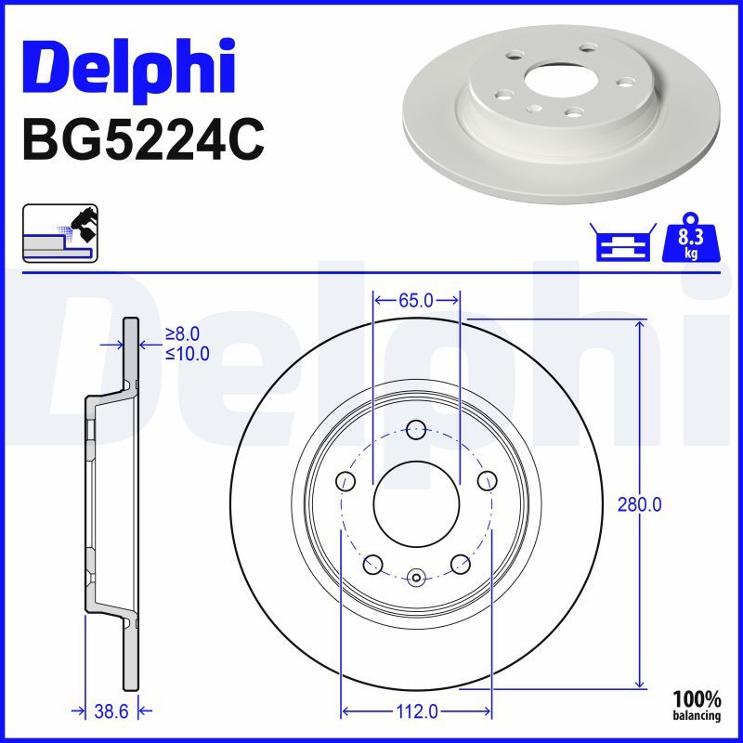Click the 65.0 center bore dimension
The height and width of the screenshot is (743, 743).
[x=416, y=300]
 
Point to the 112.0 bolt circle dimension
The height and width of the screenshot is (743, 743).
[x=416, y=711]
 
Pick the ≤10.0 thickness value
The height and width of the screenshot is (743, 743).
[x=187, y=354]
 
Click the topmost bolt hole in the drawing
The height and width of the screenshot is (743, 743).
[x=416, y=429]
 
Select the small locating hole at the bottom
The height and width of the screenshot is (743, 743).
[x=416, y=578]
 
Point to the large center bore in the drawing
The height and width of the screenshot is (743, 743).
[x=416, y=505]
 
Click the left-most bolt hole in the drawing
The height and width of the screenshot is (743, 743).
[x=345, y=481]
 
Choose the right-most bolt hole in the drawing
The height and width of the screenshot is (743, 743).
[x=488, y=481]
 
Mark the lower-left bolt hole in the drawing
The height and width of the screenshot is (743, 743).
[x=372, y=564]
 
